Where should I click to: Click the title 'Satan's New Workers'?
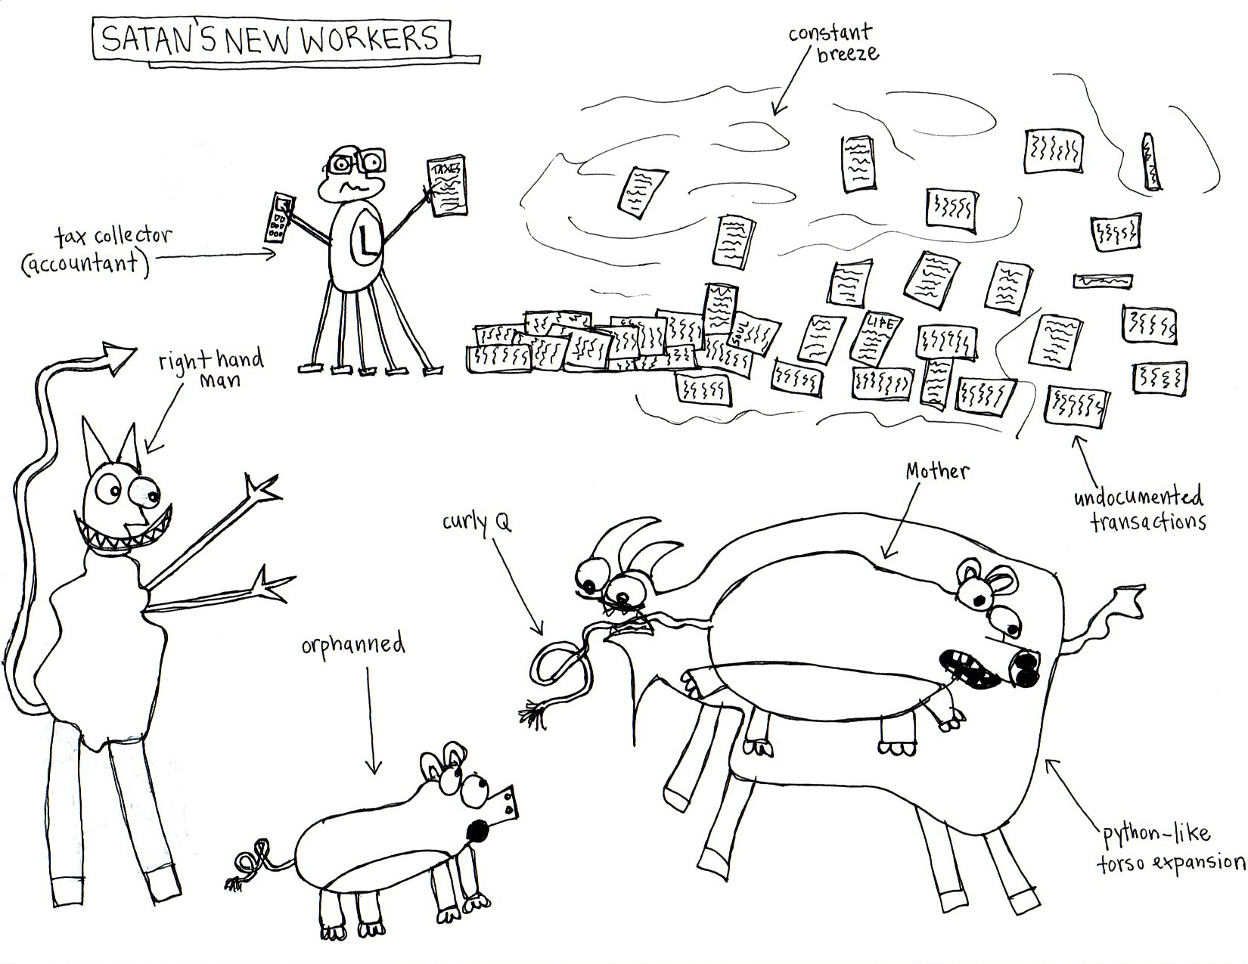[x=271, y=40]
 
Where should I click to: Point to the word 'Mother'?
[x=936, y=472]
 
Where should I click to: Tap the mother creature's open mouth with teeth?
[x=970, y=669]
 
